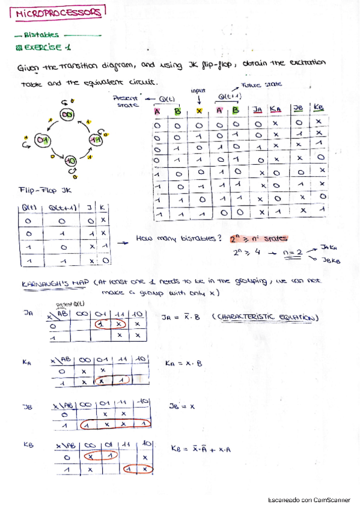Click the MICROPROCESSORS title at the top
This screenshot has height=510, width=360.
[x=58, y=13]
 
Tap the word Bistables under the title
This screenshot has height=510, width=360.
[x=41, y=35]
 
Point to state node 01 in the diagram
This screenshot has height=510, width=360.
[x=42, y=141]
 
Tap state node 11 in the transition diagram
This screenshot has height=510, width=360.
[x=95, y=139]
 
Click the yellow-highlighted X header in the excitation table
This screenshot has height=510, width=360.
[x=199, y=110]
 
